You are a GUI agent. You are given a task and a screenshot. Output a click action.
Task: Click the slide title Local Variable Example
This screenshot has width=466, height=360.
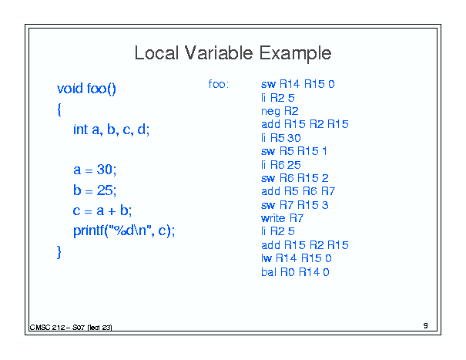233,53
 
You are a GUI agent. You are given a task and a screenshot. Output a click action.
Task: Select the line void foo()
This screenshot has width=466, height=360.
86,89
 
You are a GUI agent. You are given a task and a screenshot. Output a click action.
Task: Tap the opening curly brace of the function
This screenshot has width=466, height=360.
59,109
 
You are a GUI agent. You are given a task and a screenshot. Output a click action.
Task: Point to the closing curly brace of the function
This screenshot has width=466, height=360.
59,252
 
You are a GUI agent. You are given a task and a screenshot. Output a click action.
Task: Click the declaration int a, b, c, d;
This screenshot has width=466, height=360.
112,130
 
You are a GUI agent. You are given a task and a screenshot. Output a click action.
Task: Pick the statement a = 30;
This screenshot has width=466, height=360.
95,170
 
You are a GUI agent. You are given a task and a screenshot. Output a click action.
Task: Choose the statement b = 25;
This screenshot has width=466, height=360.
95,190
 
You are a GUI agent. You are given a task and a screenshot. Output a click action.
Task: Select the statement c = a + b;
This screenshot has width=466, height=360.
102,210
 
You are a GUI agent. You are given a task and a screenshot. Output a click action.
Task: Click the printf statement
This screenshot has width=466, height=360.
124,230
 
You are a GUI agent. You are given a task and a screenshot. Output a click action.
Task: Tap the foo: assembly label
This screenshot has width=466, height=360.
219,84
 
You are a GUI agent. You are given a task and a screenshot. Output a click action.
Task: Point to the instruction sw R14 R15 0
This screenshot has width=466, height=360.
298,84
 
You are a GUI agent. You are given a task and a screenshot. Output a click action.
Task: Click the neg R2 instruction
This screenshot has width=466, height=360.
280,111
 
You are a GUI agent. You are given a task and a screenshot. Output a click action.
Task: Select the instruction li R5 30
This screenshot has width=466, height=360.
281,138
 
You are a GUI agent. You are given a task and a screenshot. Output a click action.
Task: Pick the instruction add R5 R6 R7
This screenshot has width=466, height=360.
298,191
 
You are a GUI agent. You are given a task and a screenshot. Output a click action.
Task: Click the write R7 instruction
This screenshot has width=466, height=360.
283,218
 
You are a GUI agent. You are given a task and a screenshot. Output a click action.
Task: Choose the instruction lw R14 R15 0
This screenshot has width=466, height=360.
297,258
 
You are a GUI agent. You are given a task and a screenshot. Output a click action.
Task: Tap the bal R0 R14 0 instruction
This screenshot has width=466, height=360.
295,272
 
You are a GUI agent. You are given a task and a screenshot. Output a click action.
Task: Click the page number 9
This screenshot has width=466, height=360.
426,326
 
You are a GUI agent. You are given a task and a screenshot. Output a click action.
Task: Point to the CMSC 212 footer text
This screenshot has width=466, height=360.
71,328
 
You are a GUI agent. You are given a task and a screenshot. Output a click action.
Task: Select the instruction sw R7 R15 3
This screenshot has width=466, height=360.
295,205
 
